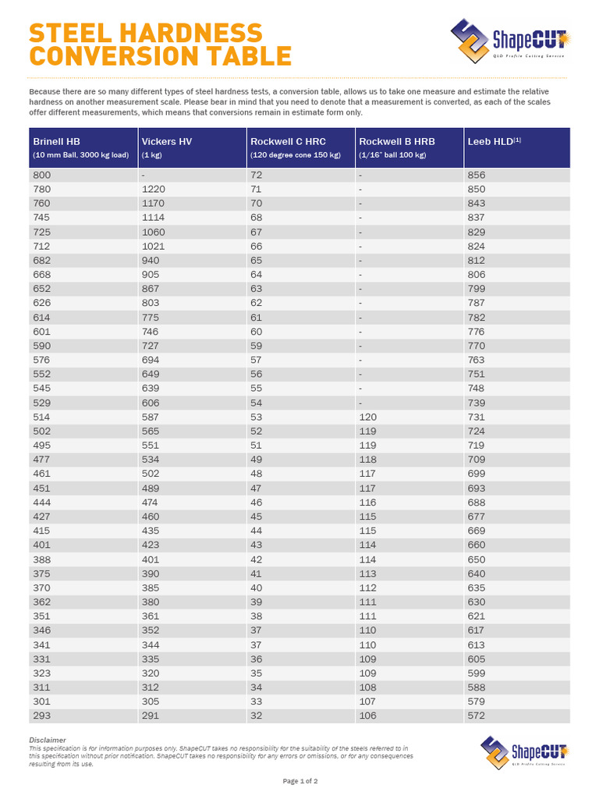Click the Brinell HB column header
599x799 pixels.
pos(56,141)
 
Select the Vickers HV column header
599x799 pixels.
pos(166,141)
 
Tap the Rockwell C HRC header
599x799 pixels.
pos(288,141)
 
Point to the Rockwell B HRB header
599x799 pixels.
pos(396,141)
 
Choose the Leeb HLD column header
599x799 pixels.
pos(494,141)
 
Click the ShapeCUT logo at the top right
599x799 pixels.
pos(510,39)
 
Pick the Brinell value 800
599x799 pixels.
pos(41,175)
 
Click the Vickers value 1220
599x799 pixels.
pos(154,189)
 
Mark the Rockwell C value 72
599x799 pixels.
pos(257,175)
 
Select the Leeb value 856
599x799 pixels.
pos(476,175)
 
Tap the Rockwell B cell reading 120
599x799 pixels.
pos(367,417)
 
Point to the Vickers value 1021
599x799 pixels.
pos(154,246)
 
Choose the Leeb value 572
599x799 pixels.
pos(476,716)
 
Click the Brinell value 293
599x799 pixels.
pos(41,716)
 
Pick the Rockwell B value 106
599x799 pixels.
pos(367,716)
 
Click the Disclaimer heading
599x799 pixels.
pos(48,740)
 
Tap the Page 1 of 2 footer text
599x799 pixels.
pos(299,781)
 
